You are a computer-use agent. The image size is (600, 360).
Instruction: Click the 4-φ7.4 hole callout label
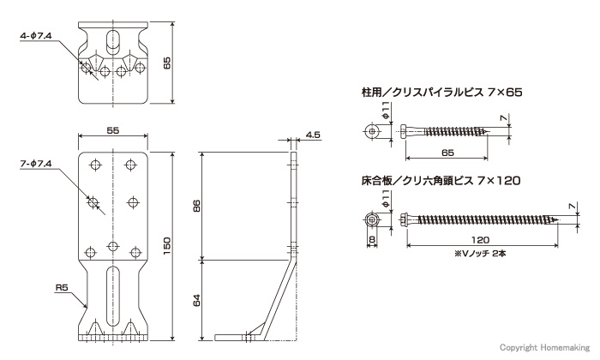36,36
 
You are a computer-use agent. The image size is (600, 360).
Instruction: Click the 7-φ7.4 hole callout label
36,164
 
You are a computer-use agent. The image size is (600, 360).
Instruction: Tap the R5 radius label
62,287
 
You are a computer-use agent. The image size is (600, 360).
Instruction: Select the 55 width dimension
113,130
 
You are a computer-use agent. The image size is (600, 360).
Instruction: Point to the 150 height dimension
167,246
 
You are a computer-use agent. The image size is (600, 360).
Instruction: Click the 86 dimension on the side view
196,206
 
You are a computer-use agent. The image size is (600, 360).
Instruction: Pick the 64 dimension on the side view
196,300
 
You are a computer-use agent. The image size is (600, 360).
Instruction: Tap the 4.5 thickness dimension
313,135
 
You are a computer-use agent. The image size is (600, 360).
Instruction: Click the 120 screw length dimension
480,240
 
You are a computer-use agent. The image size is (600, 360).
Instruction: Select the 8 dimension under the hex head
372,240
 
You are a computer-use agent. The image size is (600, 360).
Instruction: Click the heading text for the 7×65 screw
442,93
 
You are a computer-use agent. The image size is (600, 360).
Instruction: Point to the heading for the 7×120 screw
441,180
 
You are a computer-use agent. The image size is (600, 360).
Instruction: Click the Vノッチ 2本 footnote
480,253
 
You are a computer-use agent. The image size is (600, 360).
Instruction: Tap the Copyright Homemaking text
545,347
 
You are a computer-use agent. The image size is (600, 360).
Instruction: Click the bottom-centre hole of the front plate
112,245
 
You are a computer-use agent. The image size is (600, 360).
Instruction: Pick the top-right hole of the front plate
131,165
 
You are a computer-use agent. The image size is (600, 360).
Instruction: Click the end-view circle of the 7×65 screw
372,131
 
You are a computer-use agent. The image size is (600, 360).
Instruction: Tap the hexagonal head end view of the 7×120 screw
372,219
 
